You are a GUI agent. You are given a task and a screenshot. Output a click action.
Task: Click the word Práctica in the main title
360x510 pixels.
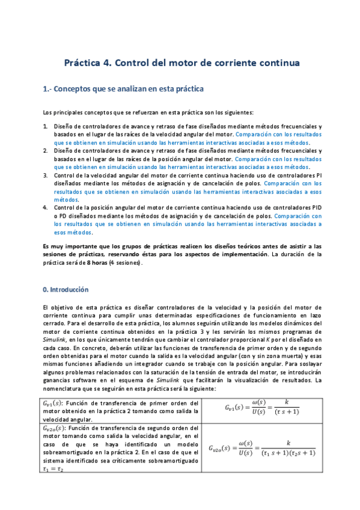pyautogui.click(x=85, y=63)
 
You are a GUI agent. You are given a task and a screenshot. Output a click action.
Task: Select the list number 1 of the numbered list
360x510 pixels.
pyautogui.click(x=46, y=126)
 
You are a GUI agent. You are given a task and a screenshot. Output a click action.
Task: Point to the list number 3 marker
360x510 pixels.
pyautogui.click(x=46, y=174)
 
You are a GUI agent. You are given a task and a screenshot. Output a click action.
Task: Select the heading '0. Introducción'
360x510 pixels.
pyautogui.click(x=66, y=289)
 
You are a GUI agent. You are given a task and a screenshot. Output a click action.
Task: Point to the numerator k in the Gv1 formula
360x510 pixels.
pyautogui.click(x=287, y=383)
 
